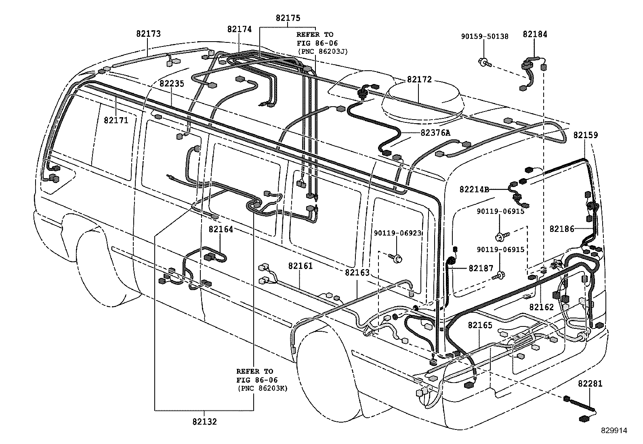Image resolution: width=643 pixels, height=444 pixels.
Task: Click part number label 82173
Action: pos(148,34)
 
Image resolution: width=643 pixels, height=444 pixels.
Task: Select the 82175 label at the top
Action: pos(288,18)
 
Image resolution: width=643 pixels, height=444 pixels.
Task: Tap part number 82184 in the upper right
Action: pos(535,34)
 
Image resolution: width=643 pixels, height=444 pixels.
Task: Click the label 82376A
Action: pos(435,132)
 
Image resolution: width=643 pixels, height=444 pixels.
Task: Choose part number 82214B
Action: pos(474,189)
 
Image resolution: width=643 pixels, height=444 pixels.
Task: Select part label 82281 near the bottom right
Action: pos(590,384)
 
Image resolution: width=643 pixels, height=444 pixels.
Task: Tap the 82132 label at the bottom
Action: pos(204,422)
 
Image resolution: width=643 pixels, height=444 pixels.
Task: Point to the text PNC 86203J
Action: pos(322,51)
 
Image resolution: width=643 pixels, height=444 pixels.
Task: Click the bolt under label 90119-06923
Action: pos(397,258)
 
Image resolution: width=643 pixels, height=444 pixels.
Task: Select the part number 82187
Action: pos(481,268)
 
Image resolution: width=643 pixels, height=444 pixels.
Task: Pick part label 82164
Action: pos(221,229)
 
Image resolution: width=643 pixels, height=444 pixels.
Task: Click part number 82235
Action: pos(171,84)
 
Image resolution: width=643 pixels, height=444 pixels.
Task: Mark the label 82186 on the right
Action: pos(561,229)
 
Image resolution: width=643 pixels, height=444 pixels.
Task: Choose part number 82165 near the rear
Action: pos(480,325)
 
